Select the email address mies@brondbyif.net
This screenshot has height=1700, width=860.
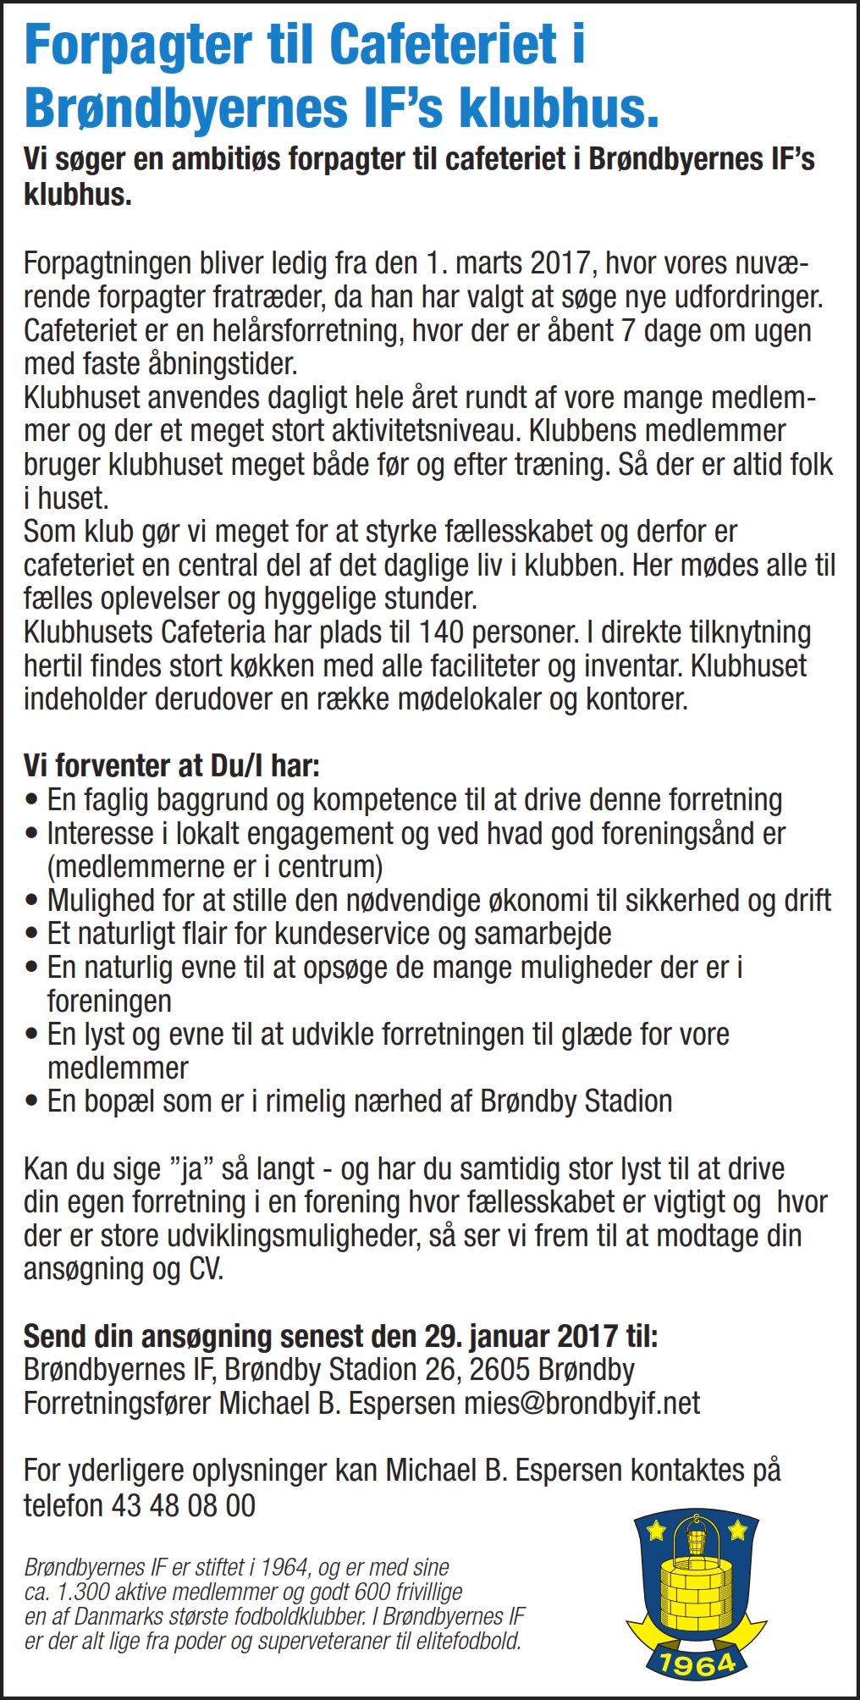(582, 1404)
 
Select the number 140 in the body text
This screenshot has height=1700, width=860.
(441, 632)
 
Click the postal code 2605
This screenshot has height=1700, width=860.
(499, 1370)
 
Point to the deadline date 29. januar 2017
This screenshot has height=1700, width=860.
(521, 1337)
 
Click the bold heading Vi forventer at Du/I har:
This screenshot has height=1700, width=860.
(172, 766)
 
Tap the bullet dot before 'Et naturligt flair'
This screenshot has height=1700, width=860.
(32, 934)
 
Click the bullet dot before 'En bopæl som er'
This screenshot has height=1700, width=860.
(32, 1101)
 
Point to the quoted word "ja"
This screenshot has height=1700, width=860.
(192, 1169)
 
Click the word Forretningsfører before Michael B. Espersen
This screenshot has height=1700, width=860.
(118, 1404)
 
